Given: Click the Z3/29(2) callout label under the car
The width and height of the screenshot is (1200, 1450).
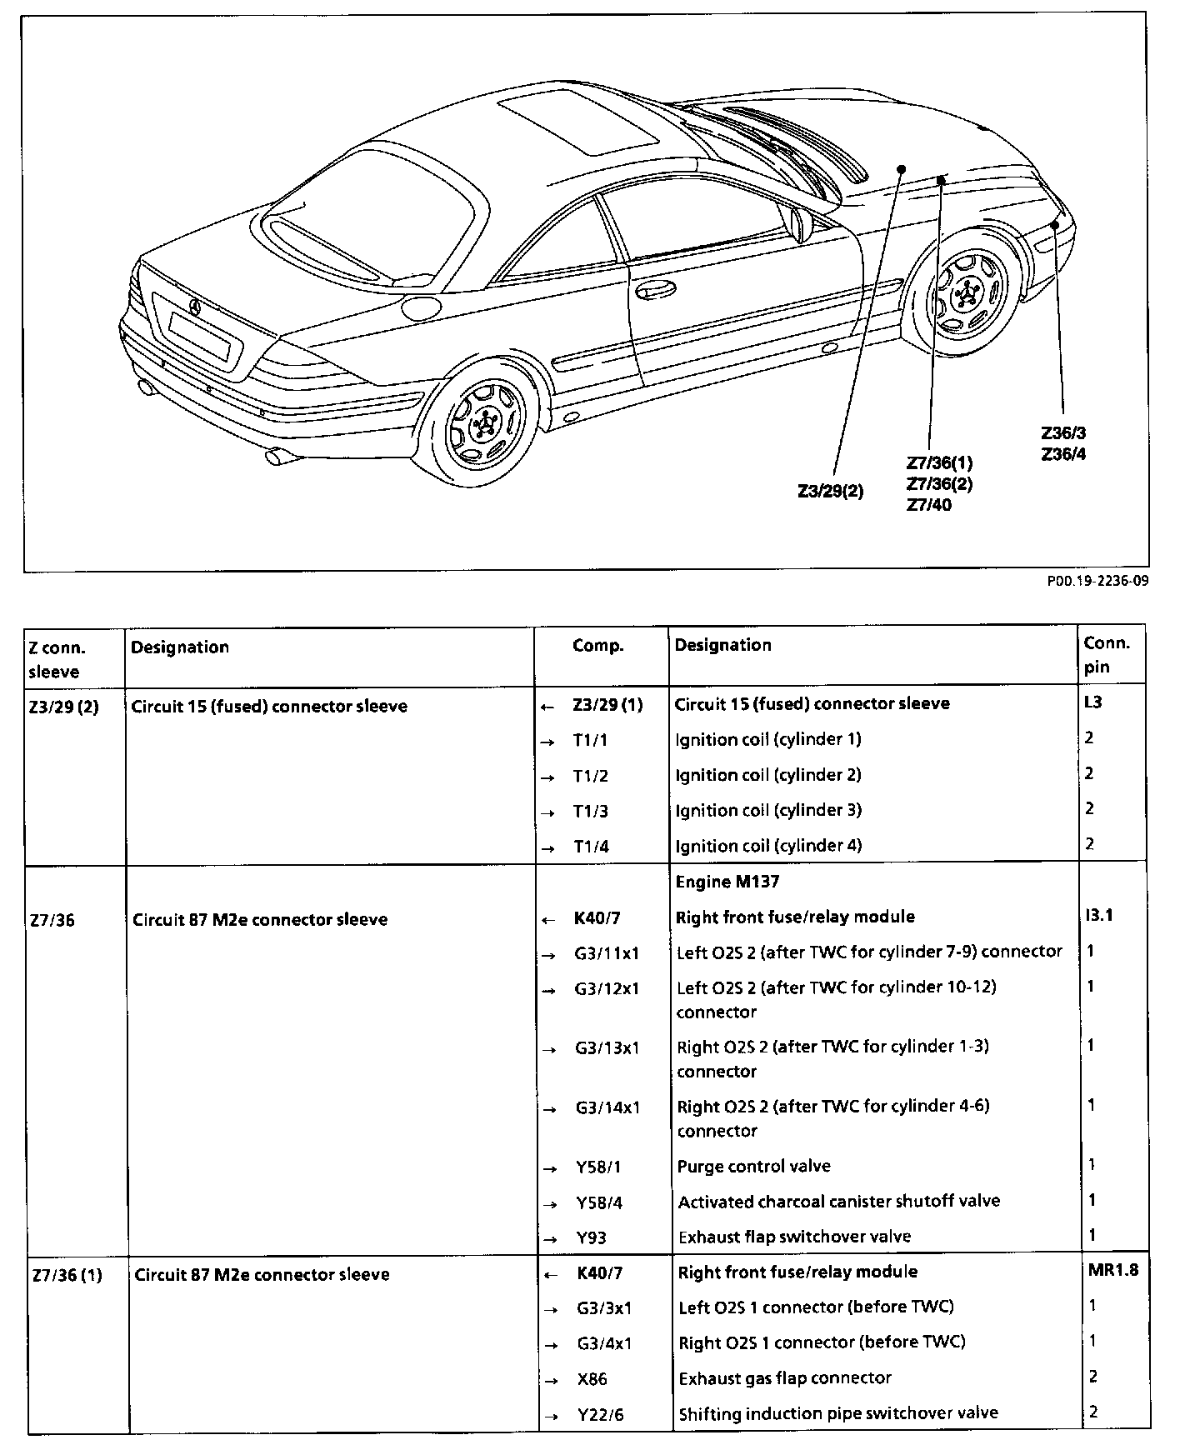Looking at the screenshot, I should tap(830, 492).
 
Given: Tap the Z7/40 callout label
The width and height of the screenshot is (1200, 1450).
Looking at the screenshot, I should tap(928, 505).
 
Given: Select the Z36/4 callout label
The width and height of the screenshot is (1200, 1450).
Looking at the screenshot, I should tap(1062, 454).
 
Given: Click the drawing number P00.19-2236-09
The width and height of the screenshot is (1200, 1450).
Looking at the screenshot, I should tap(1097, 582).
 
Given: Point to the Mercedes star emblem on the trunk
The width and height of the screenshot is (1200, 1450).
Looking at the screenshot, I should tap(195, 306).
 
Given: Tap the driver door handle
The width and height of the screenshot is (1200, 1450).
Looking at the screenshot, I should tap(655, 291).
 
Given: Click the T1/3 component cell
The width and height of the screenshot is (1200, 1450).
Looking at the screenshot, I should tap(591, 811).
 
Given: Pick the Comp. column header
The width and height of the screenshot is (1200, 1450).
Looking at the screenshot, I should tap(597, 646).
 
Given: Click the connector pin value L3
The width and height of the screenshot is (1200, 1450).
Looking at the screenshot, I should tap(1093, 702).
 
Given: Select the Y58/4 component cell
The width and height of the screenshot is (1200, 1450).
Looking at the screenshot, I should tap(599, 1202).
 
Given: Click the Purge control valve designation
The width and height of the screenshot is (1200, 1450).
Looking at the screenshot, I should tap(754, 1166).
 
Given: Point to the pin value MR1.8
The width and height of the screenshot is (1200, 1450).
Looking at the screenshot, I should tap(1112, 1270).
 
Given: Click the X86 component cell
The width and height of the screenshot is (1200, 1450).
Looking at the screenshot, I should tap(592, 1378).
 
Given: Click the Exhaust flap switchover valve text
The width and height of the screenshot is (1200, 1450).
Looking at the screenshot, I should tap(795, 1237).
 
